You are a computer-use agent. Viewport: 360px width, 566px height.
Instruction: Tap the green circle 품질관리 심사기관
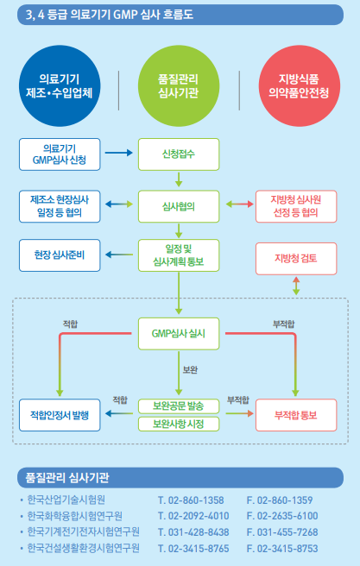[178, 85]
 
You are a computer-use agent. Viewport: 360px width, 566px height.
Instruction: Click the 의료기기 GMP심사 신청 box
[58, 154]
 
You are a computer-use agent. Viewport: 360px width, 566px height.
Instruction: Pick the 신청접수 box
[178, 154]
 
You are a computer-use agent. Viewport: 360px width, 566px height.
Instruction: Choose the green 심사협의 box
[178, 206]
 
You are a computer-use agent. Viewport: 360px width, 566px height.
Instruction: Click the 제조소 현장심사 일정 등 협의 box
[60, 206]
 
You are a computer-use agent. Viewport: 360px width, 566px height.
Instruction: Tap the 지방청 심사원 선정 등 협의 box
[294, 206]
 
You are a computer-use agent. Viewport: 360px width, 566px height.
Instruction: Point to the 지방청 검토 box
[294, 257]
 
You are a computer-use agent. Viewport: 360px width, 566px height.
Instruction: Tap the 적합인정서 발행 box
[60, 414]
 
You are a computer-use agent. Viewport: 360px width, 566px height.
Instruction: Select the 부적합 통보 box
[294, 414]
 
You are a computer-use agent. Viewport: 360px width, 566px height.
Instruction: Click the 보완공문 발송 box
[178, 406]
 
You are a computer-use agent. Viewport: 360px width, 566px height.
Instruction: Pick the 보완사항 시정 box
[178, 424]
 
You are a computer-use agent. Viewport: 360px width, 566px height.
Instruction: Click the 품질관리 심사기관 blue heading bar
[180, 476]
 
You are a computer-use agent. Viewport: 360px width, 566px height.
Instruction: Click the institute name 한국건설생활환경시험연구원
[83, 548]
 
